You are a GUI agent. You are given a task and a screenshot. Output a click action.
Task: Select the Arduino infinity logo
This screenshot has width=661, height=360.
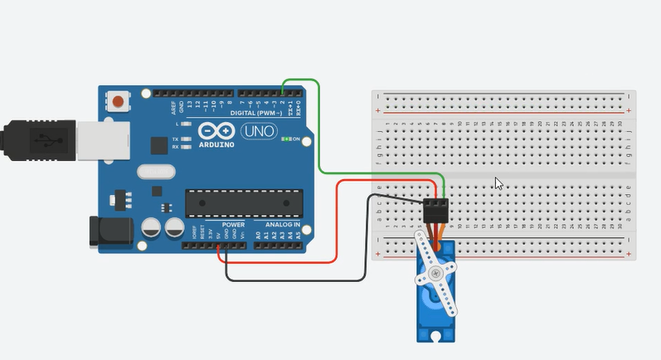tap(218, 131)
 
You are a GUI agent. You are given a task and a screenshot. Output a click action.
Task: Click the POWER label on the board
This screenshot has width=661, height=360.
tap(233, 224)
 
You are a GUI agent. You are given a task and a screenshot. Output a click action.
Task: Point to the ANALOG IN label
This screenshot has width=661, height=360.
tap(282, 224)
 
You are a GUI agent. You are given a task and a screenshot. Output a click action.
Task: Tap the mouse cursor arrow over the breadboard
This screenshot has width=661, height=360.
tap(498, 183)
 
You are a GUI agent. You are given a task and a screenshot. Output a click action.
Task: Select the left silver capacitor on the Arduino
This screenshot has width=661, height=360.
tap(151, 227)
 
